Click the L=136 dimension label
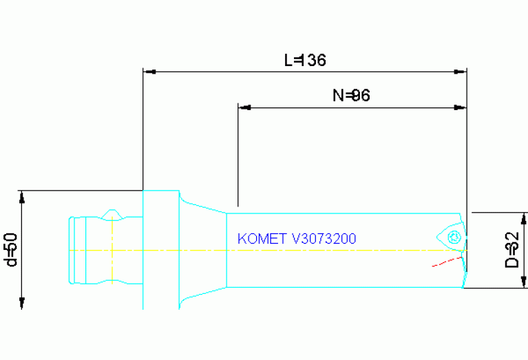305,61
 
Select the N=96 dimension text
351,96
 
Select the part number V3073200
324,239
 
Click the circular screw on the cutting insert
453,237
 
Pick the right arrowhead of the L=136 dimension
461,71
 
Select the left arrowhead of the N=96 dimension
244,107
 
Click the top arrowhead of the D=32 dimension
525,220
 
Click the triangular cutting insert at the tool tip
450,237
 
